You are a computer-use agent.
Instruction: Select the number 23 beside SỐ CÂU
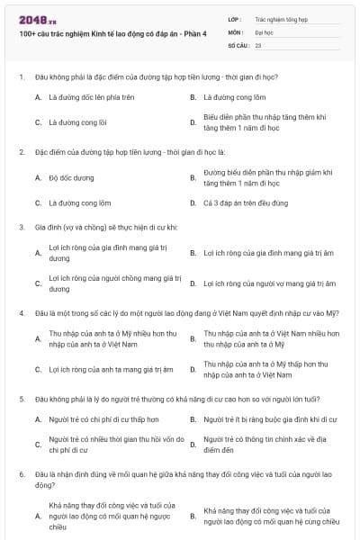[x=258, y=43]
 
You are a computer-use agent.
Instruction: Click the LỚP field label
[x=235, y=18]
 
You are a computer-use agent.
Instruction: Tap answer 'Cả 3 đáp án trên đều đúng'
[x=244, y=203]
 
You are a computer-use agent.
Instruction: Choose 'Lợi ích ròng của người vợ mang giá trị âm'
[x=269, y=283]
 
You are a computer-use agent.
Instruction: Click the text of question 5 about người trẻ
[x=176, y=398]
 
